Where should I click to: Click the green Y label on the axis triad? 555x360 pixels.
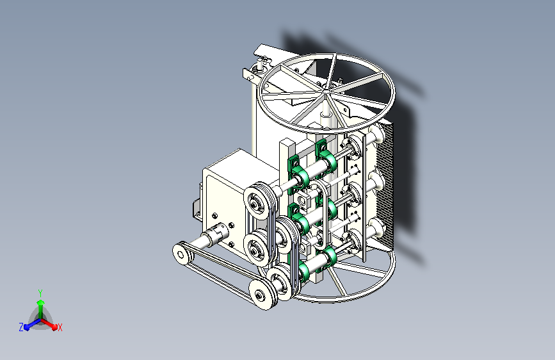(40, 293)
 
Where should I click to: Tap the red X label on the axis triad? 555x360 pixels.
(60, 327)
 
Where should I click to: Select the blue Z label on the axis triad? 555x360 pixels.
(21, 327)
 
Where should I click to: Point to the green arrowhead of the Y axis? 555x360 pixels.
(40, 302)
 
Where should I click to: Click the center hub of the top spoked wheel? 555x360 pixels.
(326, 92)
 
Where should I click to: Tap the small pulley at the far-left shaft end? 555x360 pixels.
(181, 254)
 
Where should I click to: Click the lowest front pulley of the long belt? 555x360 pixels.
(262, 294)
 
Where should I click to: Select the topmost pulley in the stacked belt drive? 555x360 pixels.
(258, 201)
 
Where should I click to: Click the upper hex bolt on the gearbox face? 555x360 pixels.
(214, 216)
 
